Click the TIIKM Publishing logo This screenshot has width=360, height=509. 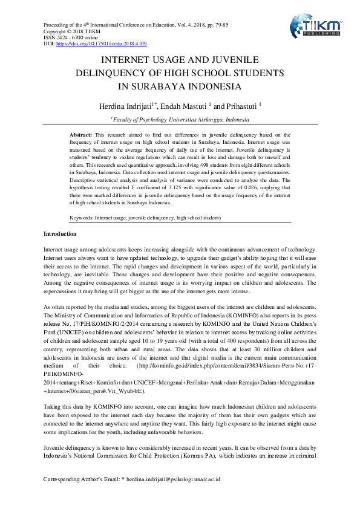pos(315,27)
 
